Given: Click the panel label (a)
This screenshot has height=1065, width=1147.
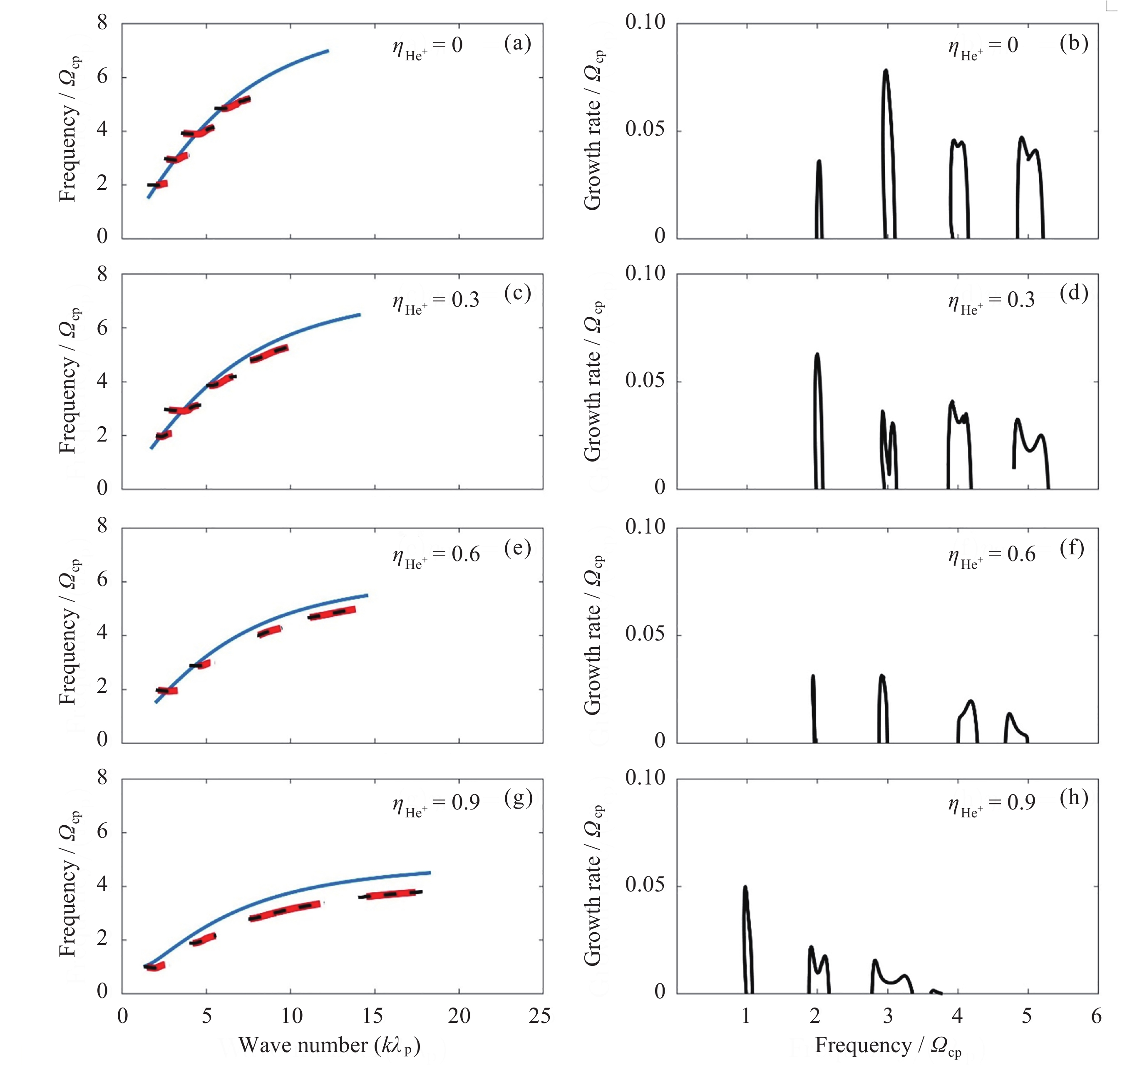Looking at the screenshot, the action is coord(517,43).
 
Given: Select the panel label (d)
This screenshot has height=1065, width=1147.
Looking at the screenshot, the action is coord(1073,293).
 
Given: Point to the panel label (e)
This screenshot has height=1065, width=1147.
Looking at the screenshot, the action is coord(517,548).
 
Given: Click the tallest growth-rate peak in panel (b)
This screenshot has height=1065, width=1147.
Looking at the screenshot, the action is coord(886,71).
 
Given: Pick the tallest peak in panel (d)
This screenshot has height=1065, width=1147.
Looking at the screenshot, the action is coord(817,355).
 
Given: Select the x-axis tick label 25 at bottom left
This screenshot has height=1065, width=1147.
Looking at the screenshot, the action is coord(539,1016).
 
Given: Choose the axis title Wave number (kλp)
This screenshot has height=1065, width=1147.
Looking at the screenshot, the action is coord(329,1045).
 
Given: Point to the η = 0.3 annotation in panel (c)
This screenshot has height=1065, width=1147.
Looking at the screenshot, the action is coord(436,301).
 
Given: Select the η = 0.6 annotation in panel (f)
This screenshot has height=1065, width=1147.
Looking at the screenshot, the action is coord(992,556).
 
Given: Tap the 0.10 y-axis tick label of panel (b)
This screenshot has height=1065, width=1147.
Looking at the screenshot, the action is coord(645,22).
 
